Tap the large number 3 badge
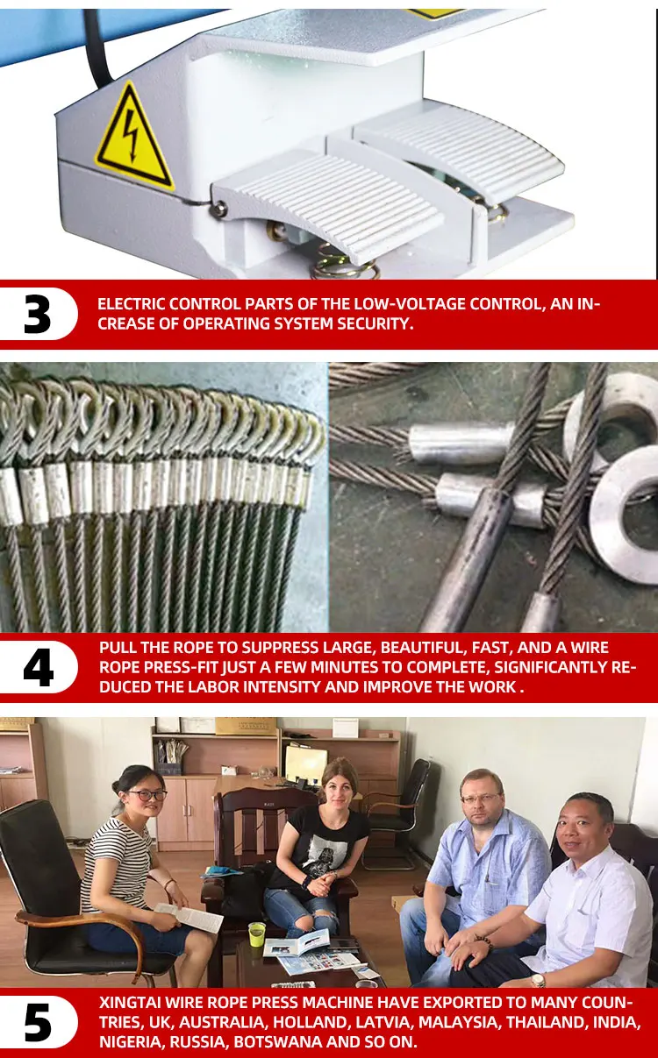(37, 315)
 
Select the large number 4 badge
(39, 667)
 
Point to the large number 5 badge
(38, 1022)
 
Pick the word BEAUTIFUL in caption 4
(421, 648)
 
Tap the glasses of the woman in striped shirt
(147, 795)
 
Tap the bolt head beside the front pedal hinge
(218, 208)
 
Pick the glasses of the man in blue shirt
(481, 799)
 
